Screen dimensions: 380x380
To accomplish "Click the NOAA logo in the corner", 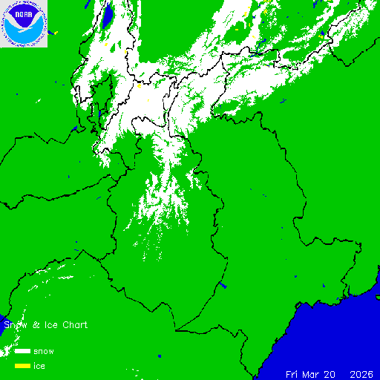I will point(24,24).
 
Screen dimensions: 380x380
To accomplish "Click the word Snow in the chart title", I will point(15,325).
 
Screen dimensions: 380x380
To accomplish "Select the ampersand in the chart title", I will point(33,325).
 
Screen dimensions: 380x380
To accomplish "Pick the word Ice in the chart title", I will point(45,325).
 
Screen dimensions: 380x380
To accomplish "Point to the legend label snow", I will point(44,350).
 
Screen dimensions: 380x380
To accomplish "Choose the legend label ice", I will point(39,366).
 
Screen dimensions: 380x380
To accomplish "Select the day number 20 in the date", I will point(335,373).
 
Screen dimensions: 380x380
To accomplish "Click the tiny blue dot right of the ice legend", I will point(159,356).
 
